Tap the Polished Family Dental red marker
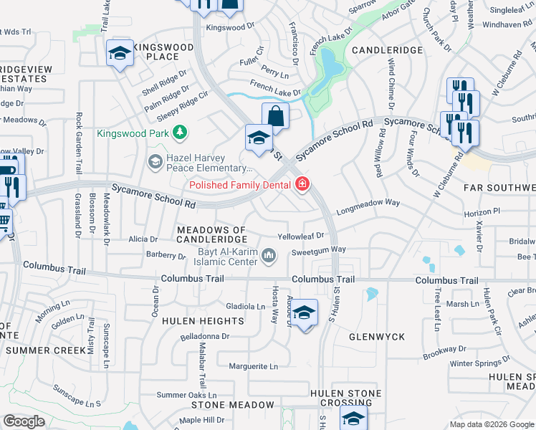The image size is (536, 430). [x=302, y=185]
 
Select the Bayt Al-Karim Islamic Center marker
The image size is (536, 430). [x=269, y=255]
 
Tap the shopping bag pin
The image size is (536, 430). [x=275, y=115]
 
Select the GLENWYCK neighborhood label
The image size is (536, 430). [x=377, y=336]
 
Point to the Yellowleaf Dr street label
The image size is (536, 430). [x=302, y=236]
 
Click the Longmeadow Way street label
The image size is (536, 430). [x=368, y=203]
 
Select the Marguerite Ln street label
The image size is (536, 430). [x=253, y=366]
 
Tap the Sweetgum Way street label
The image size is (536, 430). [x=318, y=250]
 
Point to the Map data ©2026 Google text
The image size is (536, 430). [x=492, y=424]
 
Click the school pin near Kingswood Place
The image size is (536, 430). [x=120, y=53]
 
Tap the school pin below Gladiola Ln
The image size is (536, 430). [x=304, y=314]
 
